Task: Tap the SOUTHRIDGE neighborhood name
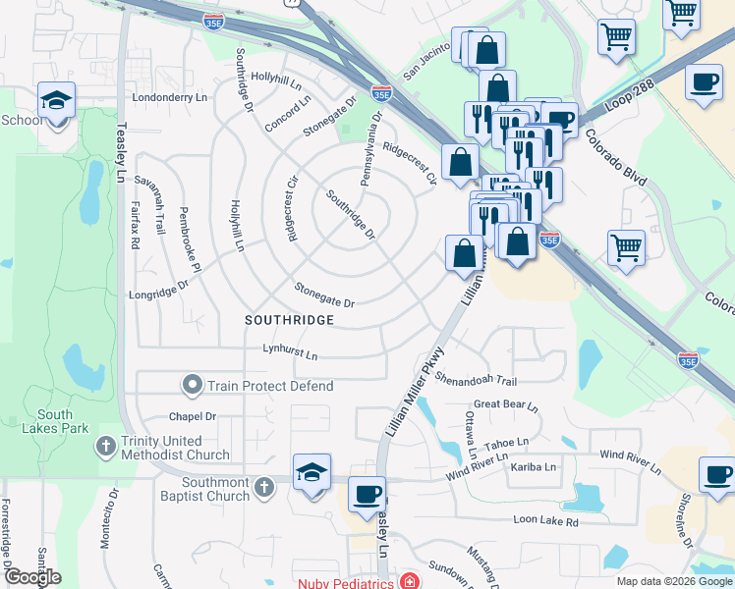point(290,320)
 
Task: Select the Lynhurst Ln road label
point(290,350)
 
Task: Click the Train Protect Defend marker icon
point(193,386)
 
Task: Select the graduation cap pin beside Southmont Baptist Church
point(311,472)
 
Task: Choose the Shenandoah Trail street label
point(476,379)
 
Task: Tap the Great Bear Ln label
point(506,404)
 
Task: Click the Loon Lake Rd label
point(544,521)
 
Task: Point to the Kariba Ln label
point(534,467)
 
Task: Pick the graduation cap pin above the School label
point(57,100)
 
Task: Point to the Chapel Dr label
point(192,417)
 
